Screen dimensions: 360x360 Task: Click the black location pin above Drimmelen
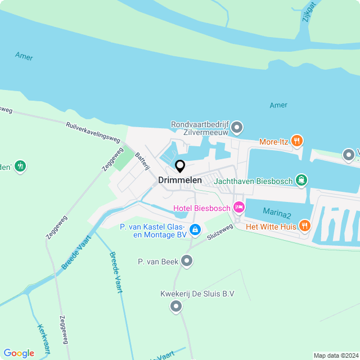click(x=180, y=166)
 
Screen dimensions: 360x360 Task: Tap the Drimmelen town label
click(x=180, y=181)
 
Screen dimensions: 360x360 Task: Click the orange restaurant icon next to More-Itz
click(x=298, y=141)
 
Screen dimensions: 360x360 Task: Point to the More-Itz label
click(x=273, y=142)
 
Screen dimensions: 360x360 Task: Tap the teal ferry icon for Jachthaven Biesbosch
click(x=302, y=180)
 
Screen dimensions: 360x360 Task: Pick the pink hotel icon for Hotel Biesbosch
click(x=238, y=208)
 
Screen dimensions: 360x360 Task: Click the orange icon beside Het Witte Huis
click(x=305, y=226)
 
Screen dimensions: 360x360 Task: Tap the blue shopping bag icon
click(x=195, y=229)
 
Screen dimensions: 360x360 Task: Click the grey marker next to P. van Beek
click(x=187, y=261)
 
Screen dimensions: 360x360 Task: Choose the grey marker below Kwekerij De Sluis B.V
click(x=176, y=306)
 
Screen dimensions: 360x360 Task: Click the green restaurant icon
click(x=21, y=166)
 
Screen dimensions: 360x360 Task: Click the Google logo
click(x=19, y=353)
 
